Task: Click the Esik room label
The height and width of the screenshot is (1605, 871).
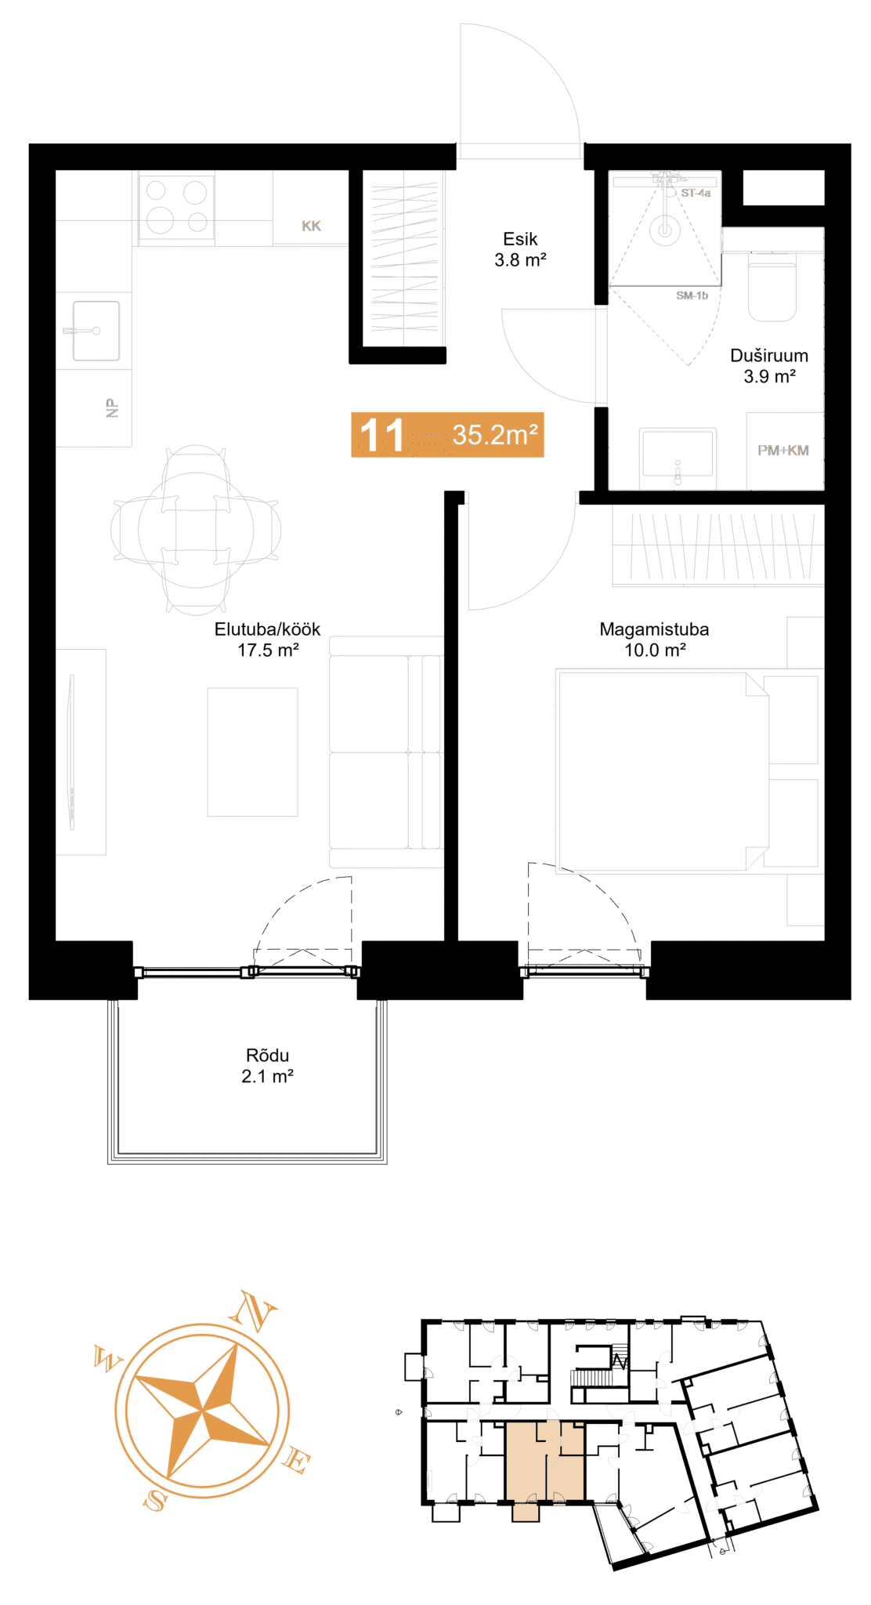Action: coord(520,239)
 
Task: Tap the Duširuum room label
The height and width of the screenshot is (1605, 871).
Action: coord(769,355)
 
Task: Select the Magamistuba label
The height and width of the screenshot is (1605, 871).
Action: coord(654,629)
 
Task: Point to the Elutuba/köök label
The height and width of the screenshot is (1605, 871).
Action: coord(267,629)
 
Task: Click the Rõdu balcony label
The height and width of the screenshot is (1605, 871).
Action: coord(267,1055)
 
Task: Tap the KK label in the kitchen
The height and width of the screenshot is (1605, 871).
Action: coord(311,226)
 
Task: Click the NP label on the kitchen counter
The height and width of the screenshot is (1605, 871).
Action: coord(112,408)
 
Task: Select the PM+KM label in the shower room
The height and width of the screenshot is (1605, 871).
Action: coord(782,450)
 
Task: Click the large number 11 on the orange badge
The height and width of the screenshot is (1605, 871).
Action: coord(381,435)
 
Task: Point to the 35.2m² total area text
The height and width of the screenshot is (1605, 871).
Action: coord(495,434)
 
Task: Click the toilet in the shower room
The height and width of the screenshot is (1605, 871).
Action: coord(772,286)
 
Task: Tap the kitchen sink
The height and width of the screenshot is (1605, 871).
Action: coord(96,331)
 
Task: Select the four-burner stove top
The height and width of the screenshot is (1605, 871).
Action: coord(176,206)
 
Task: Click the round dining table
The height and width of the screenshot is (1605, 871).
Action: coord(196,530)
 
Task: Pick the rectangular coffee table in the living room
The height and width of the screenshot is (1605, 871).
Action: coord(252,752)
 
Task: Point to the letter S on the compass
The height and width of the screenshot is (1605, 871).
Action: coord(156,1500)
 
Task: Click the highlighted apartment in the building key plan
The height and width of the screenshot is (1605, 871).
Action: coord(545,1462)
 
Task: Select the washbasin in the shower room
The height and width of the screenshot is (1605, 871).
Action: coord(678,454)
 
